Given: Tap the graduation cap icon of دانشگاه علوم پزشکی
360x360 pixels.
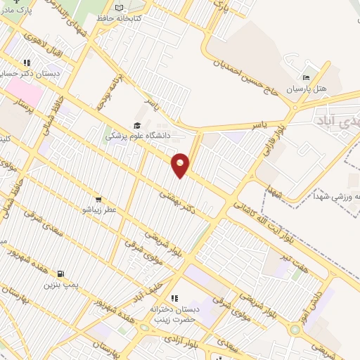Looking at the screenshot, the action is pyautogui.click(x=137, y=125).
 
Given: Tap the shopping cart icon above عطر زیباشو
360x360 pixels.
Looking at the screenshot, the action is pyautogui.click(x=98, y=199).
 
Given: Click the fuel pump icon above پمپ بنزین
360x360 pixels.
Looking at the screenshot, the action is pyautogui.click(x=60, y=274).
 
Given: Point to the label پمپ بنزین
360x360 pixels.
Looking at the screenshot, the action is pyautogui.click(x=59, y=285).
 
